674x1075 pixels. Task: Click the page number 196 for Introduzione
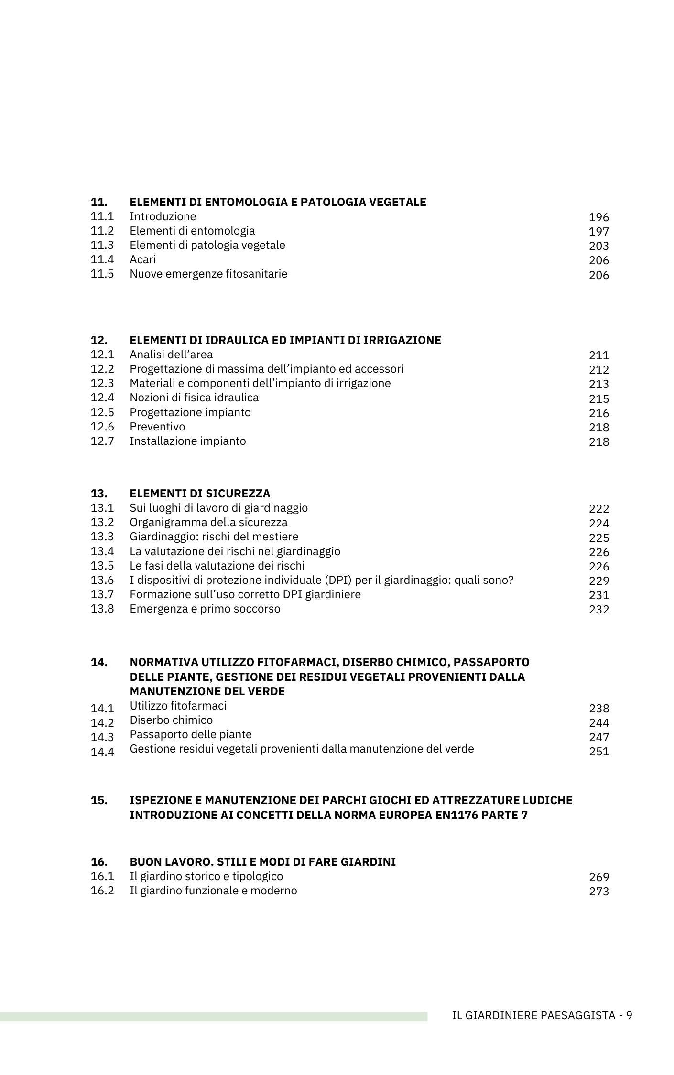pos(598,217)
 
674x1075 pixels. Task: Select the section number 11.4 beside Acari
pos(102,259)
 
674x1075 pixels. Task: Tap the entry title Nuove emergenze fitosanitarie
pos(208,274)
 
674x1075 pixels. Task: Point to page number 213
pos(598,384)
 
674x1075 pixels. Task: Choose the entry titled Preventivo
pos(157,427)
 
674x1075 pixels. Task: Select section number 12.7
pos(102,441)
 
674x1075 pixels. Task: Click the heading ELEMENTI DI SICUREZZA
pos(200,494)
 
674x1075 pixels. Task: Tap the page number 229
pos(598,581)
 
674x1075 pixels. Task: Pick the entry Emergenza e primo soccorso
pos(205,609)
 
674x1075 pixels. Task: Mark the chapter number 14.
pos(99,663)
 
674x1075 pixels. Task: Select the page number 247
pos(598,737)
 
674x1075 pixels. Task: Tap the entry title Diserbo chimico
pos(171,720)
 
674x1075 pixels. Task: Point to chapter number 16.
pos(99,862)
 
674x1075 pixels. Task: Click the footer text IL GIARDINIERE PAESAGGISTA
pos(533,1015)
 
